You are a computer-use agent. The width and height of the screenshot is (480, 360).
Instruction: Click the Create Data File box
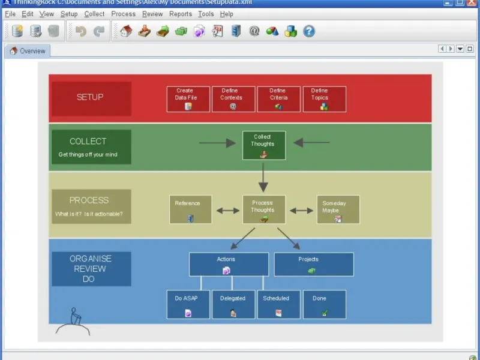click(x=188, y=99)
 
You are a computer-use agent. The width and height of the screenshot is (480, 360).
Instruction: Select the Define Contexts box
click(x=233, y=99)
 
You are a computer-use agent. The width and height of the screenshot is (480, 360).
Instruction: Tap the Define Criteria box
click(x=278, y=99)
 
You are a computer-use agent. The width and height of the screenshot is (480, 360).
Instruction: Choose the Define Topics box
click(x=324, y=99)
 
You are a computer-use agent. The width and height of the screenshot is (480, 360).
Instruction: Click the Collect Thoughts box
click(x=263, y=145)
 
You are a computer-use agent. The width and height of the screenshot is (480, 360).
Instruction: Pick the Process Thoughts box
click(x=263, y=209)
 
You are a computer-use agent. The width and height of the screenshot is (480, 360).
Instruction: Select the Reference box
click(x=190, y=209)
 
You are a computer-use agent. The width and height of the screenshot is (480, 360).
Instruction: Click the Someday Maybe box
click(x=338, y=209)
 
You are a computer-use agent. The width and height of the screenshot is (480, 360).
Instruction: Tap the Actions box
click(x=229, y=264)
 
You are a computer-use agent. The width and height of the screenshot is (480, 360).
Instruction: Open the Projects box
click(x=314, y=264)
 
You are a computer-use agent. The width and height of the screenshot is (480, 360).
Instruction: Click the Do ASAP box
click(x=188, y=304)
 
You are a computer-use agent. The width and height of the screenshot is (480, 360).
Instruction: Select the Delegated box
click(x=233, y=304)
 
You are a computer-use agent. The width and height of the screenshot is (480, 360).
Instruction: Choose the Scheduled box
click(x=278, y=304)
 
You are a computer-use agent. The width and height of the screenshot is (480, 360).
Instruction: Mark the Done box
click(x=324, y=304)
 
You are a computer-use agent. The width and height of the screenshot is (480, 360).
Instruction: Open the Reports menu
click(x=181, y=14)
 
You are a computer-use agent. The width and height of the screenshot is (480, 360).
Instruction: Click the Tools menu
click(x=206, y=14)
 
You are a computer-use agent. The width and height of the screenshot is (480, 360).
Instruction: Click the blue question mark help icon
click(x=309, y=31)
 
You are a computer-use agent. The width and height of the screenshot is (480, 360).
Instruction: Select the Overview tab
click(x=28, y=51)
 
